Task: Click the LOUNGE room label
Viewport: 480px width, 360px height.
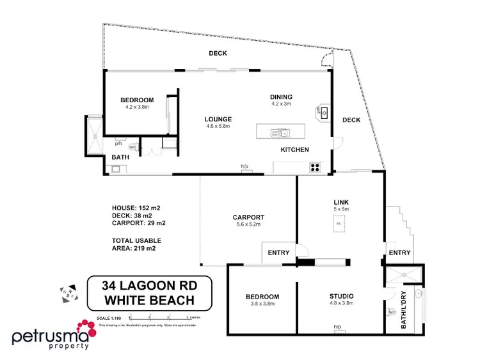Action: [218, 119]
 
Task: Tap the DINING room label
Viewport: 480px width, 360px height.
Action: [281, 97]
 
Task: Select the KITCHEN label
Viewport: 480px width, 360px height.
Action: [294, 150]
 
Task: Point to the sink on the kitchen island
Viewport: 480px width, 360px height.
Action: [280, 133]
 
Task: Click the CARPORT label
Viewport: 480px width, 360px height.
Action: [248, 217]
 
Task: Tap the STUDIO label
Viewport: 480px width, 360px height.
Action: [341, 297]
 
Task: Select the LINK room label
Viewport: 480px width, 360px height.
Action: [340, 202]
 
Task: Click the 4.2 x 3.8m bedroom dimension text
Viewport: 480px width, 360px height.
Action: [137, 107]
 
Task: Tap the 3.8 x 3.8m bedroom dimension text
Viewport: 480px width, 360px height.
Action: [262, 304]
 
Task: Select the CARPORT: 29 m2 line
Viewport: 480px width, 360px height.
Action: [139, 223]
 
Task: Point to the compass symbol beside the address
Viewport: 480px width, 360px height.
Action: [68, 293]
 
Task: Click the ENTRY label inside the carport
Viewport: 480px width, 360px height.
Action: [279, 253]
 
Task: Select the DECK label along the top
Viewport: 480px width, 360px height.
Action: [218, 54]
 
